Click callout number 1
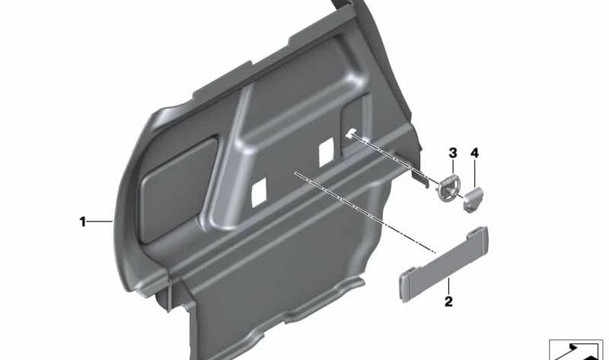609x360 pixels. pos(82,221)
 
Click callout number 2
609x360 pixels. pos(448,301)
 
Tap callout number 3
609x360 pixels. pos(453,153)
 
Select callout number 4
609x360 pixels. pos(474,153)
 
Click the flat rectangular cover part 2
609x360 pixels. pos(443,263)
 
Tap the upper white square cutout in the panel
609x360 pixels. pos(327,152)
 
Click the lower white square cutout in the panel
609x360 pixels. pos(259,193)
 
